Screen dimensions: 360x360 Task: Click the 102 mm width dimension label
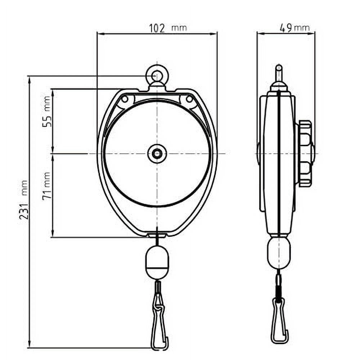(168, 28)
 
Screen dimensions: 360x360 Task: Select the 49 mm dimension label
(294, 28)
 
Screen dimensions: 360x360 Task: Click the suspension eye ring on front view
(157, 76)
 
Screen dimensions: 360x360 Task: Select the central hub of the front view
(157, 154)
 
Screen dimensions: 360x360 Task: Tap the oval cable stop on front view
(157, 262)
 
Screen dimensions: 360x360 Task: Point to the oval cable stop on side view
(278, 252)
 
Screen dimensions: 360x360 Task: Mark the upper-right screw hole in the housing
(189, 98)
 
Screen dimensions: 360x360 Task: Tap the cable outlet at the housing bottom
(157, 236)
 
